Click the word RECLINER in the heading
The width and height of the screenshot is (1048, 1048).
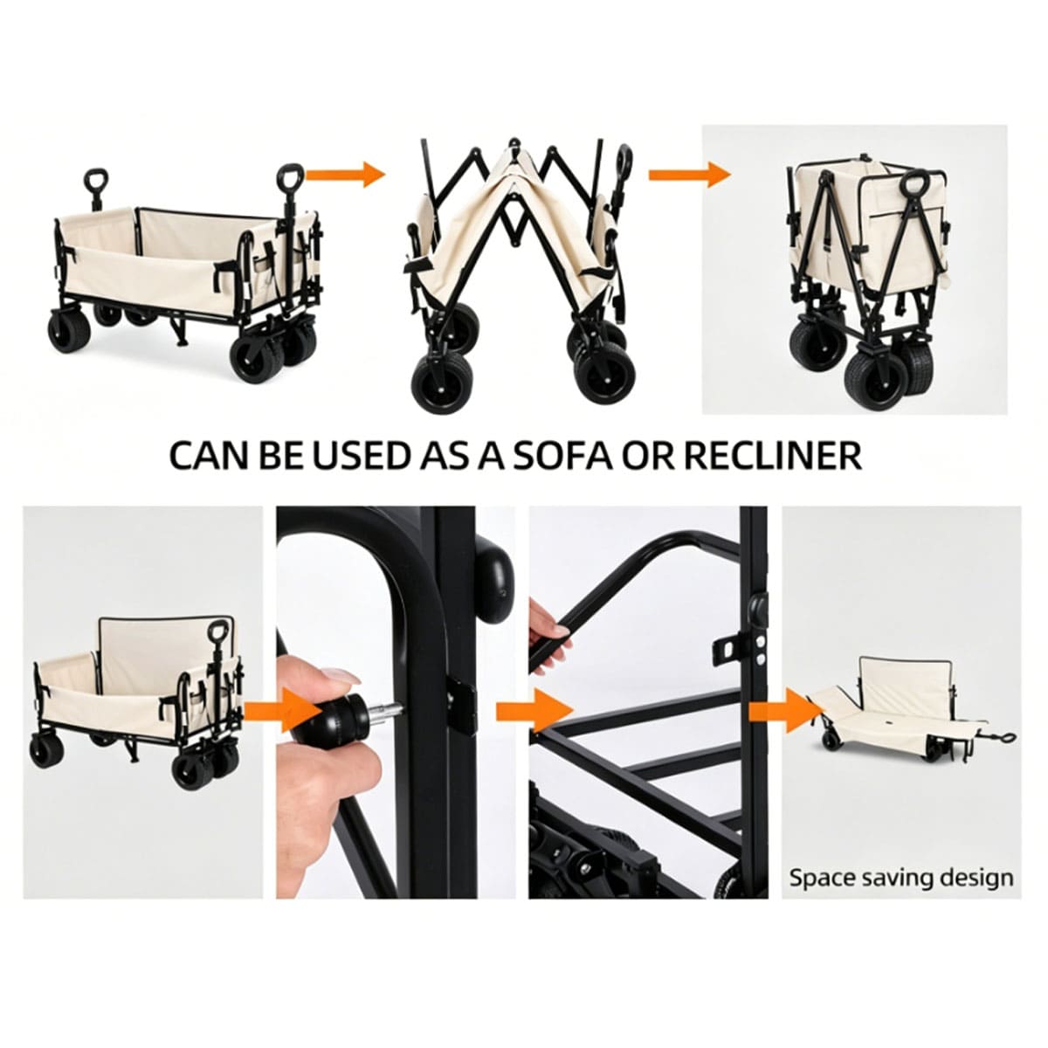coord(772,457)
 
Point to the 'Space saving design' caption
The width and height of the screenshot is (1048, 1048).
coord(901,879)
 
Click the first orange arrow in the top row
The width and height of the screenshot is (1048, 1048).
coord(345,174)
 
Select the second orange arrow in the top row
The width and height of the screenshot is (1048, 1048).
coord(689,174)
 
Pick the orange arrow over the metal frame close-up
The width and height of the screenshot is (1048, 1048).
coord(534,710)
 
